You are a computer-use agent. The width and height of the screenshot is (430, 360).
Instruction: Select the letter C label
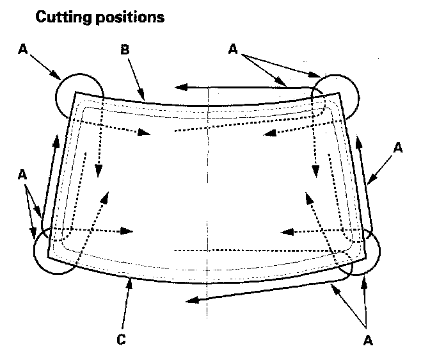[121, 340]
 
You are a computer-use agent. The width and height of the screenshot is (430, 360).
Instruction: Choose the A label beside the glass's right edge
[397, 148]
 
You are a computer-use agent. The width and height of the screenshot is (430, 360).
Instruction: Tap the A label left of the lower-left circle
[23, 174]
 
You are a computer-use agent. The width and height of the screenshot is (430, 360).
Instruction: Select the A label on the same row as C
[367, 340]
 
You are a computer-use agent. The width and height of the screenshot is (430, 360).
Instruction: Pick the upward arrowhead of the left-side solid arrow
[56, 142]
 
